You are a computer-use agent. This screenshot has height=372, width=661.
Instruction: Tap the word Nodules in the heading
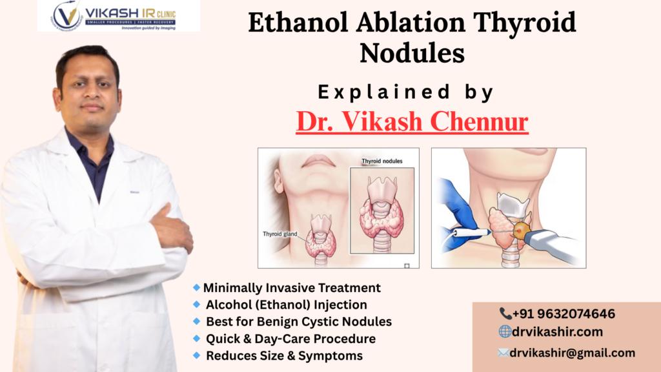tap(412, 53)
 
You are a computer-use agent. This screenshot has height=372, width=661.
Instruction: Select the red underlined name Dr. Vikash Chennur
tap(412, 121)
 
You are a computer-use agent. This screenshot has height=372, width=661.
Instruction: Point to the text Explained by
tap(406, 92)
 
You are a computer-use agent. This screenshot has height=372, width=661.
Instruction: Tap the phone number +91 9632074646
tap(563, 314)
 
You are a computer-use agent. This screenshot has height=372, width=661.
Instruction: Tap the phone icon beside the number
tap(505, 314)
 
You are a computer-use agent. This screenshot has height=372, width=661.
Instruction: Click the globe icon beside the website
tap(505, 332)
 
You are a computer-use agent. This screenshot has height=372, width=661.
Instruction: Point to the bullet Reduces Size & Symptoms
tap(284, 355)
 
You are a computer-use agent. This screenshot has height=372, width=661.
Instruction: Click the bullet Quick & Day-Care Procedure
tap(290, 338)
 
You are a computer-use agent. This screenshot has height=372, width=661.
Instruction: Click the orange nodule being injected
tap(521, 229)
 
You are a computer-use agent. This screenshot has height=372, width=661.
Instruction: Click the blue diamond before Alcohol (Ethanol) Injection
tap(196, 304)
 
